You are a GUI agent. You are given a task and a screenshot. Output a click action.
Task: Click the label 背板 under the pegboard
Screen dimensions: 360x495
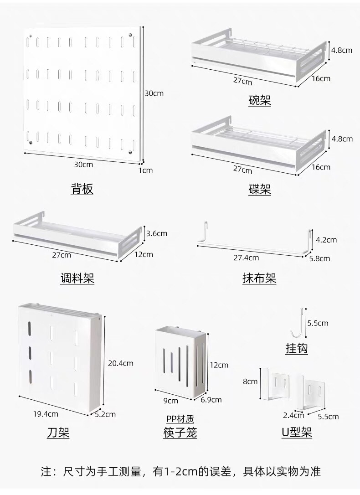coord(82,189)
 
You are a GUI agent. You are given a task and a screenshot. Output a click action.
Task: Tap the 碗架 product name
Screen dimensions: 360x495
coord(260,100)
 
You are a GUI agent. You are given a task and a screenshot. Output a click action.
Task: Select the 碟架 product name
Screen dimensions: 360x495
coord(260,190)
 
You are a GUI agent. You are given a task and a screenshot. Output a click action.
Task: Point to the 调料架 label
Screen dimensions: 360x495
coord(77,278)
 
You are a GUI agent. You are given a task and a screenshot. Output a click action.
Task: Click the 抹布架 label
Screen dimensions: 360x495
coord(259,278)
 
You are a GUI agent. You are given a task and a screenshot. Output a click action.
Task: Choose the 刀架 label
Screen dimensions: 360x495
coord(58,433)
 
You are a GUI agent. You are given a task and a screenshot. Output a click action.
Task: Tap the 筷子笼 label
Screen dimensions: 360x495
coord(180,433)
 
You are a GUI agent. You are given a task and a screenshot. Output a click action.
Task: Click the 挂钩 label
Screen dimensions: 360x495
coord(297,349)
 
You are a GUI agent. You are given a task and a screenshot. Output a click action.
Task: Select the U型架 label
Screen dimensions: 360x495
coord(297,432)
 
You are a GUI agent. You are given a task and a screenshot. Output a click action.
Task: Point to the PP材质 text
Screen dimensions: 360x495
coord(180,419)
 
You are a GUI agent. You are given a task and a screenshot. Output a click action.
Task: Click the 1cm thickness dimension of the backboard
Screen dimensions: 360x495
coord(145,170)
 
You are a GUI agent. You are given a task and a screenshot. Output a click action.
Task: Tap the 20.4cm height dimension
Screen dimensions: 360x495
coord(120,363)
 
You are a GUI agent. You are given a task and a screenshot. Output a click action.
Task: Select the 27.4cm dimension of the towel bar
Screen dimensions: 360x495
coord(246,258)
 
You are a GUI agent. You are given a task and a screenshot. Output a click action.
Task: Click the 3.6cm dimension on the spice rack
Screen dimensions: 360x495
coord(156,234)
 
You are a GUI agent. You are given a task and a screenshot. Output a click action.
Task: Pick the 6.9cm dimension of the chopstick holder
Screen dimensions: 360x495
coord(211,400)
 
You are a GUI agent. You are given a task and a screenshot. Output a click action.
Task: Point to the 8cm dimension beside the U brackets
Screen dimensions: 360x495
coord(250,382)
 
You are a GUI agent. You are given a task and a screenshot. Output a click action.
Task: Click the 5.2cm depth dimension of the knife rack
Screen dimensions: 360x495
coord(105,414)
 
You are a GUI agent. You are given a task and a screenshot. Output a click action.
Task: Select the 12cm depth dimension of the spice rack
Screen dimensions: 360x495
coord(144,254)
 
